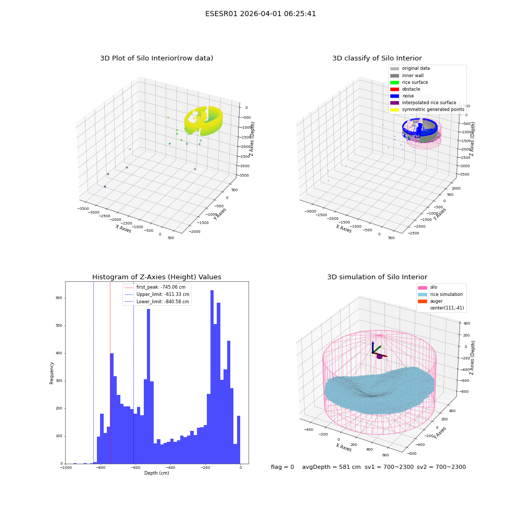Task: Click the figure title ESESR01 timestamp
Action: coord(260,14)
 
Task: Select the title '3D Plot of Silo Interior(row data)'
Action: coord(156,58)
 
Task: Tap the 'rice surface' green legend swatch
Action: coord(394,82)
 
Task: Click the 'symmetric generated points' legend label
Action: coord(433,109)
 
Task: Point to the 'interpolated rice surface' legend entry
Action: coord(423,103)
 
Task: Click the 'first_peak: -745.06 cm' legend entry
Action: coord(155,287)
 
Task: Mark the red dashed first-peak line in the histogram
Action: coord(110,373)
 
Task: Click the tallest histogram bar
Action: coord(212,377)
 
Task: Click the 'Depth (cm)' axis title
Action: coord(156,473)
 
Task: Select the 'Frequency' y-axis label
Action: coord(52,373)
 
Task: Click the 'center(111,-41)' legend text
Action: coord(447,308)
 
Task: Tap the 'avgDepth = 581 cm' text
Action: coord(331,467)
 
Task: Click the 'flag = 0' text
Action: coord(282,467)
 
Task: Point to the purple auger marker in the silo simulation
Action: coord(379,356)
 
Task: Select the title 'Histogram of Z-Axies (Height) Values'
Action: coord(156,277)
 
